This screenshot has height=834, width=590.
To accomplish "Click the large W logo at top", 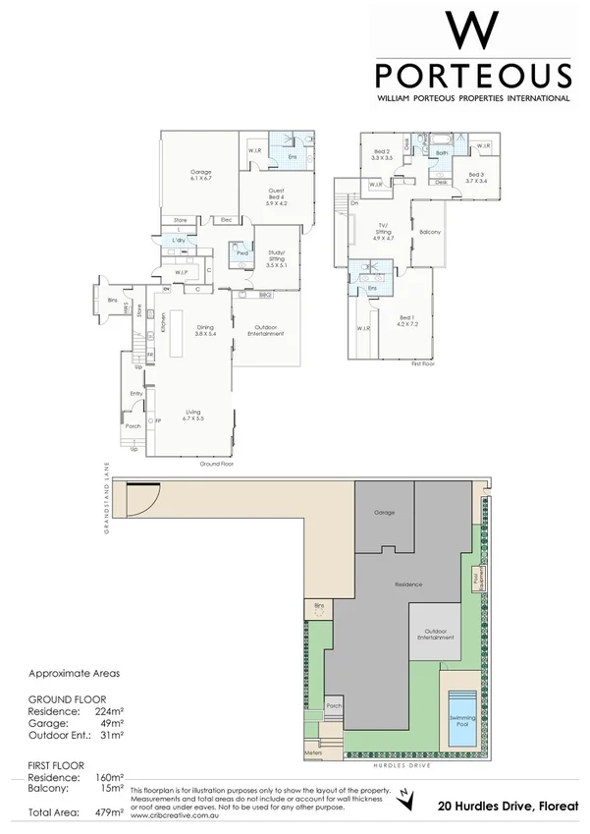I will point(472,33).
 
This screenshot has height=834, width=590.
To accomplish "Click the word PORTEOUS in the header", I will point(472,77).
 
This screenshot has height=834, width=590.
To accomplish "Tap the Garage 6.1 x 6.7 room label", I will point(200,176).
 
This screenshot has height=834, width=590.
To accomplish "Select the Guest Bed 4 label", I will point(279,199).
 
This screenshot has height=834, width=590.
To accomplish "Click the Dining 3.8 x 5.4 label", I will point(205,331).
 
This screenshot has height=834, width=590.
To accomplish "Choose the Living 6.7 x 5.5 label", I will point(191,416).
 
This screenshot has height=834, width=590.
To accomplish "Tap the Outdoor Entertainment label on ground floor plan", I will point(266,330).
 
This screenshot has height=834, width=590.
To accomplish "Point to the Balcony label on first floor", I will point(429,232).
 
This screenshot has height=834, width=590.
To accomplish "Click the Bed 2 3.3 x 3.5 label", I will point(382,154).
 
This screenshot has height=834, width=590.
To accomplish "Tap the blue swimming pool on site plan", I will point(460,710).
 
